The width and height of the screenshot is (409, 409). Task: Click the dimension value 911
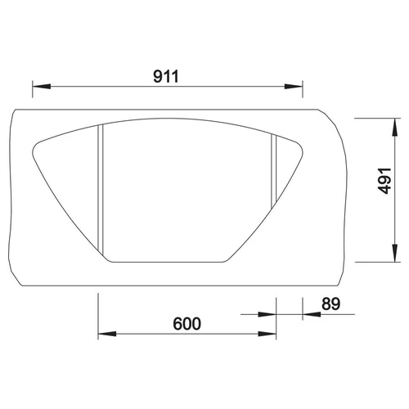point(166,76)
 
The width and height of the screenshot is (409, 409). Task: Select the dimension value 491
point(384,181)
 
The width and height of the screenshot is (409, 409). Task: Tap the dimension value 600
point(187,324)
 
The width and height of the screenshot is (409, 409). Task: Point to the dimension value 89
point(331,303)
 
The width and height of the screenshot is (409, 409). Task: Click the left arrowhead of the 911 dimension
point(42,86)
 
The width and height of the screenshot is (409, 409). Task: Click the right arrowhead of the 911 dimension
point(294,86)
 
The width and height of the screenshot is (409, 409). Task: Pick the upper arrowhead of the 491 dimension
point(394,127)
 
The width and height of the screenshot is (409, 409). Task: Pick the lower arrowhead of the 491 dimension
point(394,253)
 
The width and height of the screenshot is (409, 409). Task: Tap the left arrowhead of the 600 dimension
point(107,334)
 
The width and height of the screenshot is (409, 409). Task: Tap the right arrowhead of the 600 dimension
point(267,334)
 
